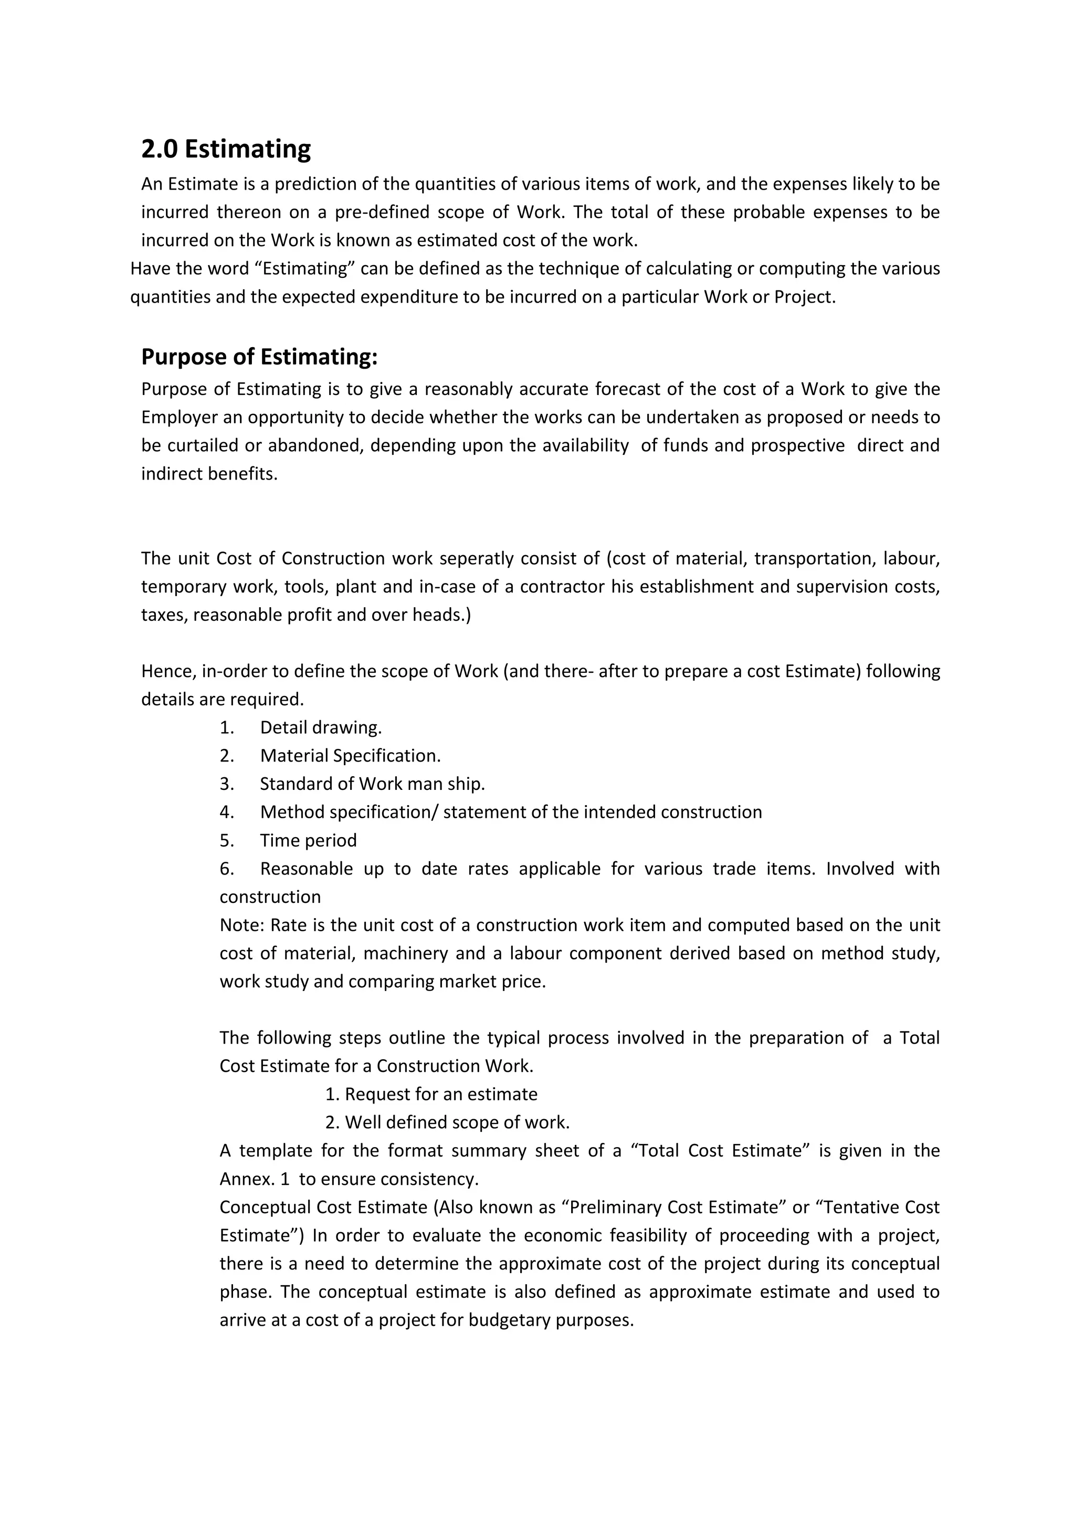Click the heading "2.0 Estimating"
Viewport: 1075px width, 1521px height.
[226, 149]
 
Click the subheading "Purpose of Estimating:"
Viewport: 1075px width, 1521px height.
[259, 357]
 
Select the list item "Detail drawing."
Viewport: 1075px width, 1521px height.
[320, 727]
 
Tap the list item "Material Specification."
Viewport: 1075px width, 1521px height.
[350, 756]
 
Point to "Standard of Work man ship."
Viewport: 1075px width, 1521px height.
[372, 784]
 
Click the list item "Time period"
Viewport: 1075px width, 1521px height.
[309, 841]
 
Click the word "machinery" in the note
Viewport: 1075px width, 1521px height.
[404, 953]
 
